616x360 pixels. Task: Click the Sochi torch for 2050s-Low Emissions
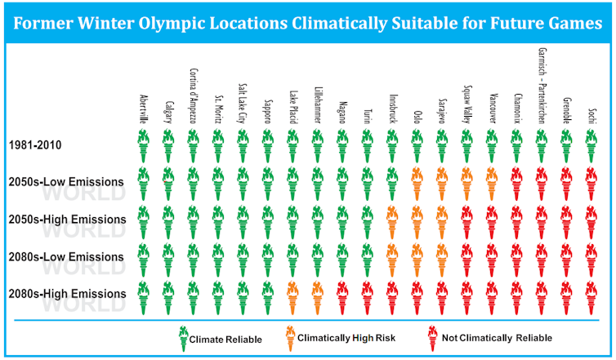(x=591, y=184)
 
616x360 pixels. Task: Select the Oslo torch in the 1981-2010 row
(x=417, y=146)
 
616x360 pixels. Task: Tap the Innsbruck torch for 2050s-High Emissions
(x=392, y=222)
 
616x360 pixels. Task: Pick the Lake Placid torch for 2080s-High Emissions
(x=292, y=298)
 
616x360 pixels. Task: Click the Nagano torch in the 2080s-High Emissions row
(x=342, y=298)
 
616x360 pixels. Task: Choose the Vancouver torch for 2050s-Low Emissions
(x=492, y=184)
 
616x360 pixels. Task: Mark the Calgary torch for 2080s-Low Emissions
(x=168, y=260)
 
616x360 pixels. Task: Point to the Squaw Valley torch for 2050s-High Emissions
(x=466, y=222)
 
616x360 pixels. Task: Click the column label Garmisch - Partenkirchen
(x=542, y=86)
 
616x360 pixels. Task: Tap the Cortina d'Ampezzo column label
(x=194, y=96)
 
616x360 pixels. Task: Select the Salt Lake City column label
(x=243, y=103)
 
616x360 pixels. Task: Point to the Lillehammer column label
(x=318, y=105)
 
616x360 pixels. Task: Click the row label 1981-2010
(x=35, y=145)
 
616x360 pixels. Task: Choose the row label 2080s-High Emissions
(x=67, y=294)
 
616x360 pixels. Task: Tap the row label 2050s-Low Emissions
(x=66, y=182)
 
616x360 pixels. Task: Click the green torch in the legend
(x=183, y=339)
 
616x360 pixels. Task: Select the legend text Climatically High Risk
(x=346, y=338)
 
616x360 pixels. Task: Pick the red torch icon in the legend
(x=432, y=339)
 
